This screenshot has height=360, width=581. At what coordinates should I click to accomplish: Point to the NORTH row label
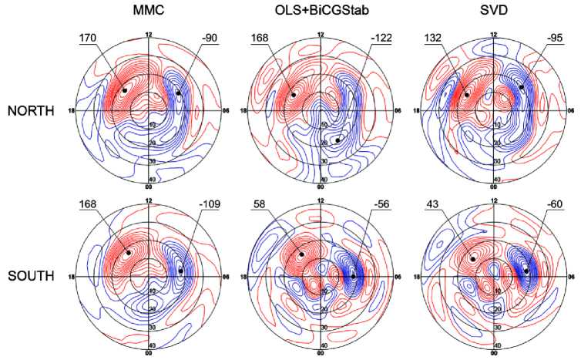pyautogui.click(x=31, y=110)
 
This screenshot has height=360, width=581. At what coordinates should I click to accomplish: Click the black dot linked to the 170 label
pyautogui.click(x=124, y=90)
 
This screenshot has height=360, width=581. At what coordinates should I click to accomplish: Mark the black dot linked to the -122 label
pyautogui.click(x=338, y=140)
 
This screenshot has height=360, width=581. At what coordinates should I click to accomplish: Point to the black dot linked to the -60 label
pyautogui.click(x=526, y=270)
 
